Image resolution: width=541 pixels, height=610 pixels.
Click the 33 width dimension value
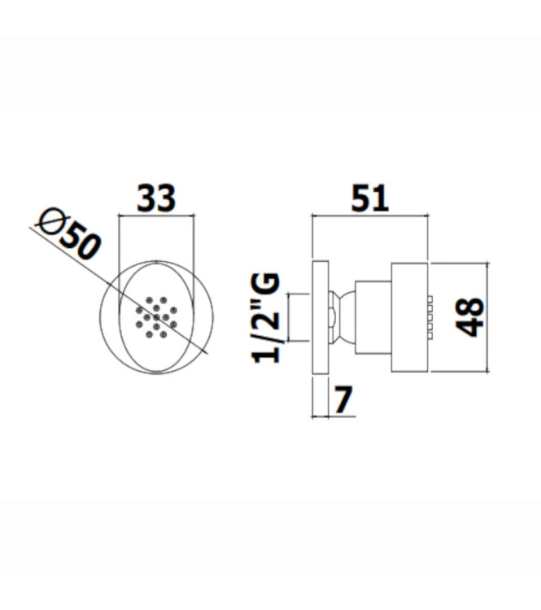[x=155, y=198]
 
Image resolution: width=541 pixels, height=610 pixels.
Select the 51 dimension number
[x=370, y=198]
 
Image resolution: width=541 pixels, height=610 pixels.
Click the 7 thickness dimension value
[x=343, y=399]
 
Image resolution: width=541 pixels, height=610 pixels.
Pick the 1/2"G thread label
[x=268, y=317]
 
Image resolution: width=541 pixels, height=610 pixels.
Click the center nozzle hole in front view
[x=155, y=318]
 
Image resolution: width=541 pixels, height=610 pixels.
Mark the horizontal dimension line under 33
[x=155, y=216]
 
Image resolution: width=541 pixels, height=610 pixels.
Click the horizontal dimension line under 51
[x=370, y=216]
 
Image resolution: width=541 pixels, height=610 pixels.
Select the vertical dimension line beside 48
[x=486, y=317]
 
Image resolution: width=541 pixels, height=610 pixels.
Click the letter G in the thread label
[x=267, y=285]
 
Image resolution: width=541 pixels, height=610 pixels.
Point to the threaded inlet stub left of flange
[x=300, y=317]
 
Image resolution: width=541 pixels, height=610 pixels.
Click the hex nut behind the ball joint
[x=331, y=317]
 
